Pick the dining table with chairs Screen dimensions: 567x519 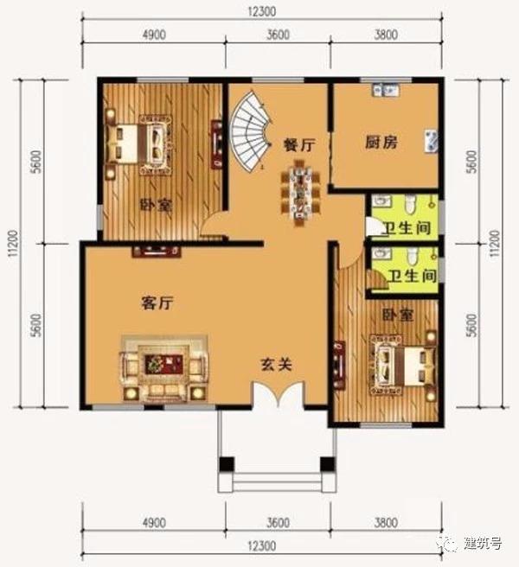(x=300, y=193)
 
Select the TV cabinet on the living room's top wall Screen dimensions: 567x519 (x=156, y=252)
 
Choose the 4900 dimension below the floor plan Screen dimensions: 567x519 (x=153, y=522)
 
